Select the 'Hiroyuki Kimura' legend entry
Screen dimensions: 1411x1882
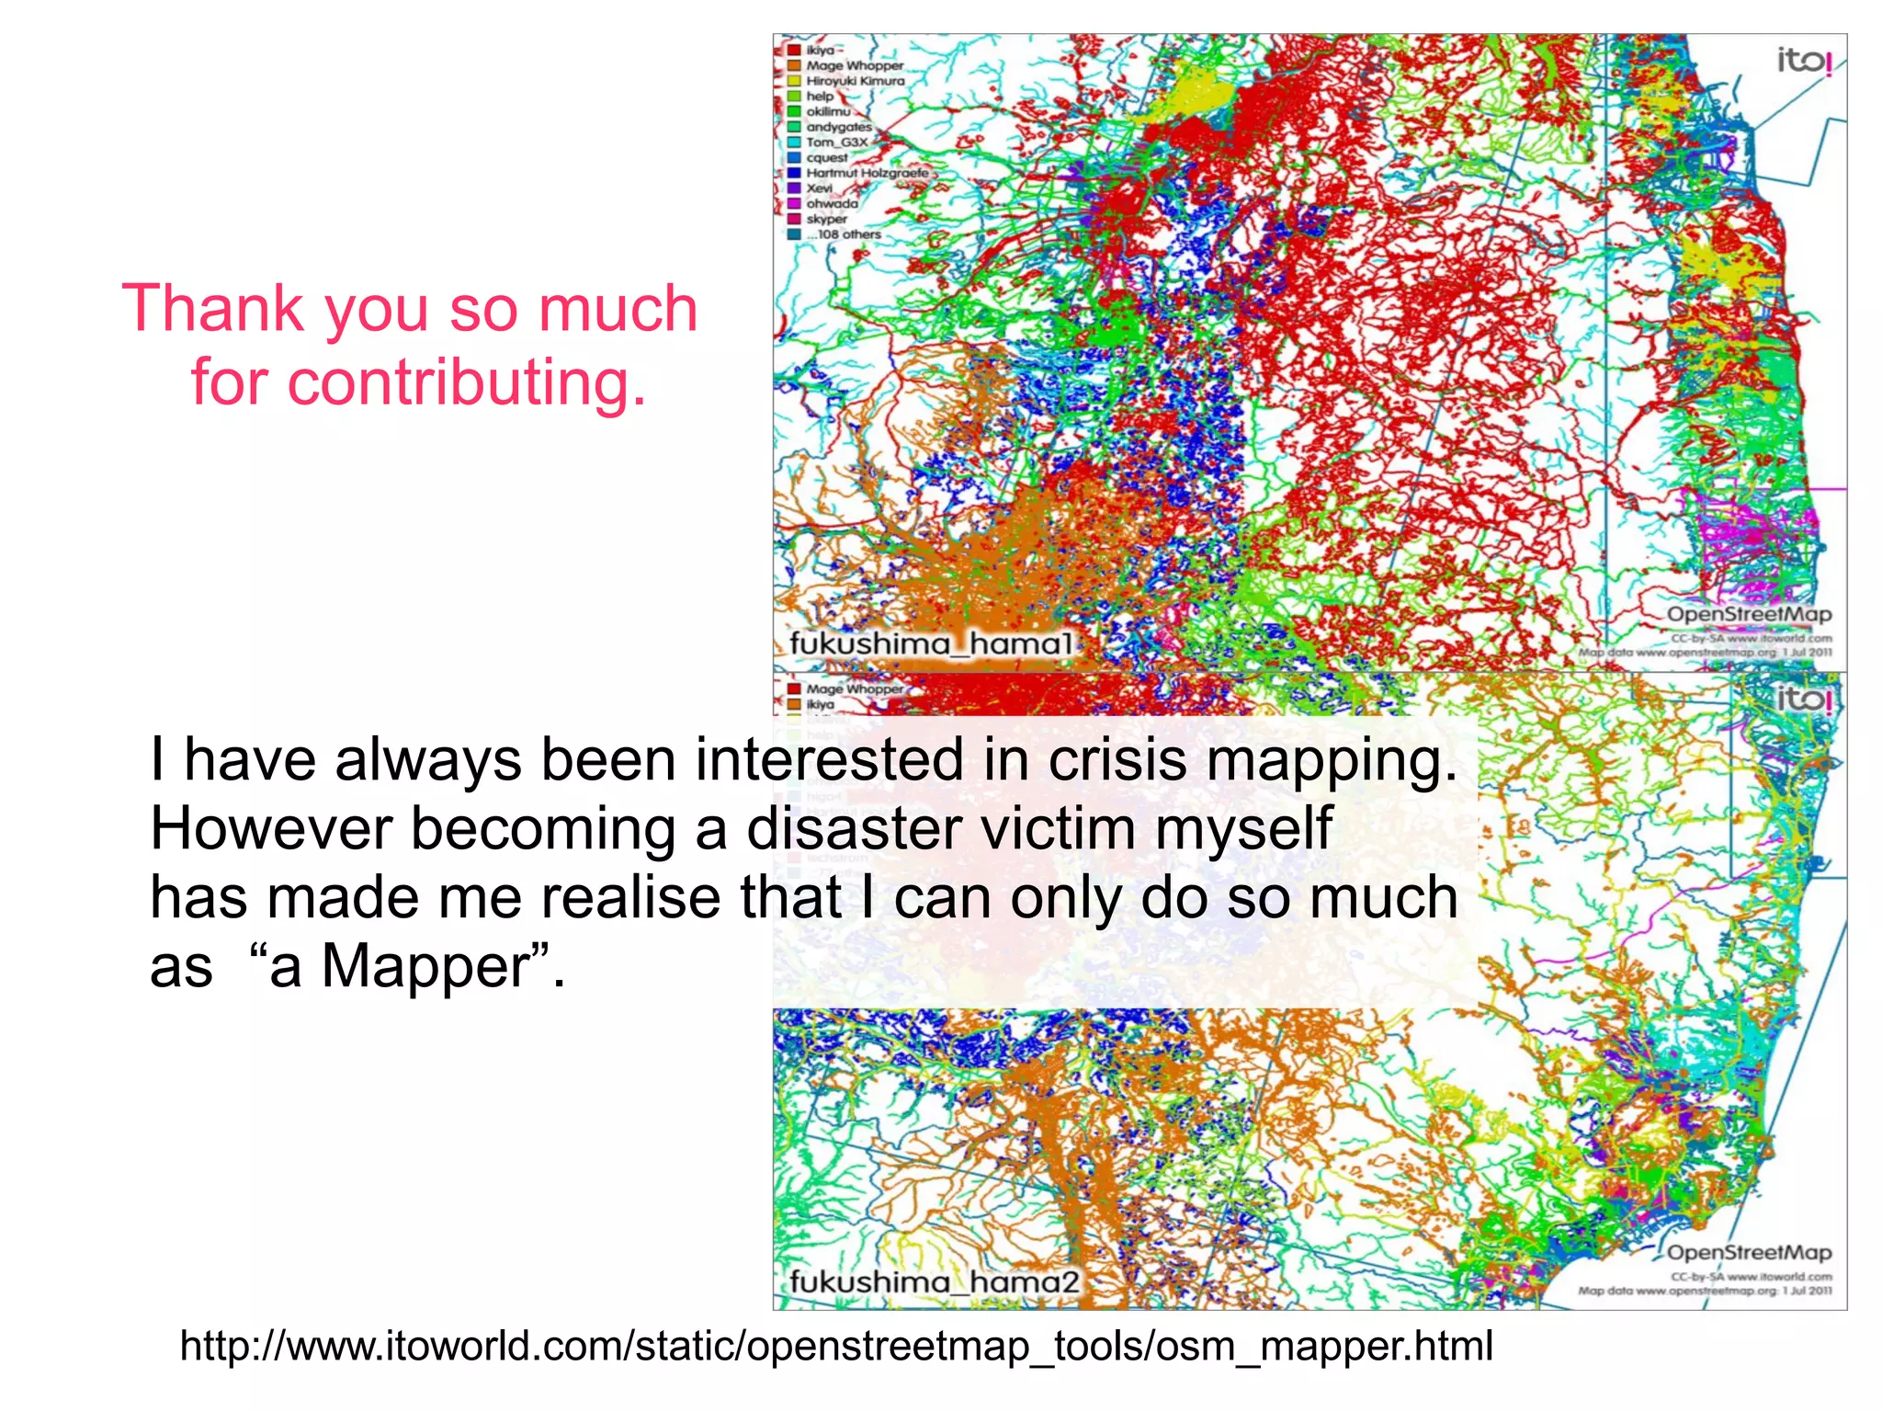(x=855, y=81)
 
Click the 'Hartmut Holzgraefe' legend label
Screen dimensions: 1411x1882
(x=867, y=173)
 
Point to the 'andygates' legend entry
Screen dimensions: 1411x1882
(x=838, y=127)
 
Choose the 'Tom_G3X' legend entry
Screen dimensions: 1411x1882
(x=836, y=142)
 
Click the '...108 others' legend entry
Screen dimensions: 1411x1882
(x=843, y=234)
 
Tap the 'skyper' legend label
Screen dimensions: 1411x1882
(x=826, y=219)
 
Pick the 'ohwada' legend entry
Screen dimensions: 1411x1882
(x=832, y=204)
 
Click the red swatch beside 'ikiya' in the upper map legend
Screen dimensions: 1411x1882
(x=794, y=51)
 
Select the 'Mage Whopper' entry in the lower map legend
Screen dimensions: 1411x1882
(x=854, y=688)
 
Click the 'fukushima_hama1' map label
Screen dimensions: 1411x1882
(x=930, y=643)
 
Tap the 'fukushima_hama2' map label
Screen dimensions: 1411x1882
(x=933, y=1281)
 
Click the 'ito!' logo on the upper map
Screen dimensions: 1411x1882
(x=1804, y=62)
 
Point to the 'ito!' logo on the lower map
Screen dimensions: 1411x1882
(x=1804, y=700)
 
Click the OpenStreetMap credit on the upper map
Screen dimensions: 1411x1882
(x=1748, y=614)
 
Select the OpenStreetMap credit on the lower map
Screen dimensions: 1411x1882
(x=1748, y=1253)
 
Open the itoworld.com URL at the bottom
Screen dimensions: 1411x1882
(x=836, y=1346)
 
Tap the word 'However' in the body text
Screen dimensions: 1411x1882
(x=271, y=828)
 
